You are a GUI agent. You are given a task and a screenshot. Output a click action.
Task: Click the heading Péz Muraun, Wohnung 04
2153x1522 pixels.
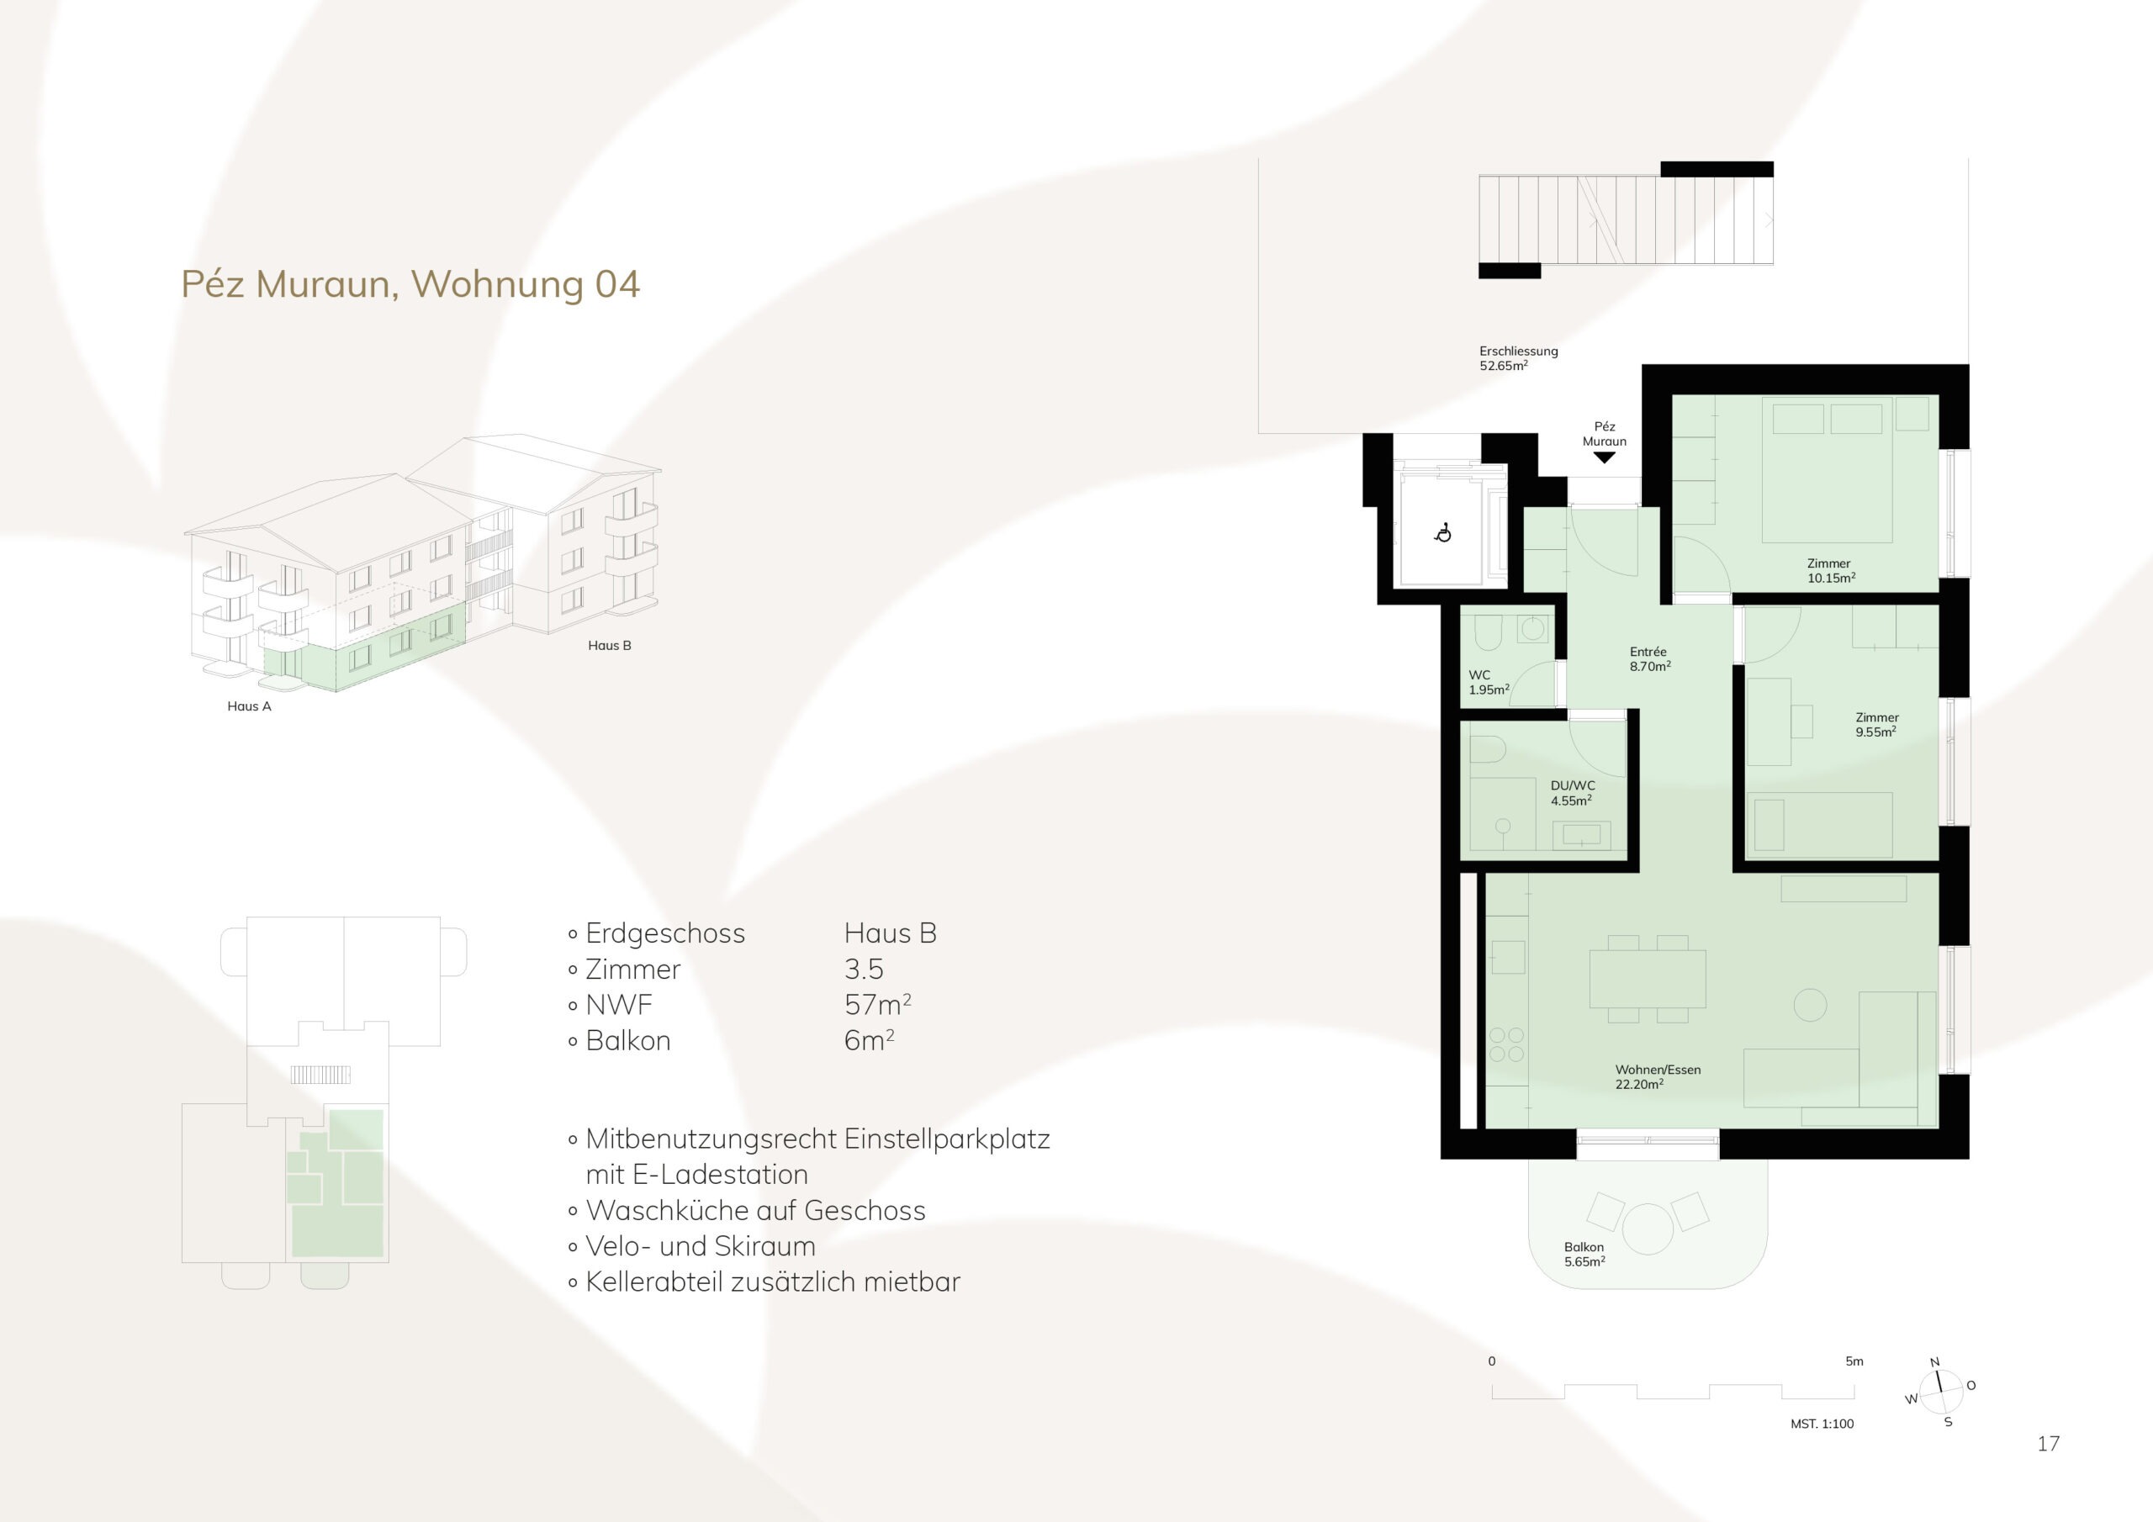[x=410, y=285]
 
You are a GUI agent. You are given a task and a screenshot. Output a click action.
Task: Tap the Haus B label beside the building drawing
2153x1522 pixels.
[x=610, y=645]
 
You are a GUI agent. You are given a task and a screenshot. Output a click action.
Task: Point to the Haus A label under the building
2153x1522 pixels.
[x=250, y=706]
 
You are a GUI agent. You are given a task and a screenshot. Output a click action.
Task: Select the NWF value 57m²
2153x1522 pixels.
[x=878, y=1004]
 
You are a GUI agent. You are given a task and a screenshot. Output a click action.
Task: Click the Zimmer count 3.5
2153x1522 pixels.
[x=864, y=969]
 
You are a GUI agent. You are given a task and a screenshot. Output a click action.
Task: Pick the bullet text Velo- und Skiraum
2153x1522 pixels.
[x=701, y=1246]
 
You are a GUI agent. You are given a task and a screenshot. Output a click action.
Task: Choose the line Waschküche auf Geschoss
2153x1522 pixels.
[x=756, y=1211]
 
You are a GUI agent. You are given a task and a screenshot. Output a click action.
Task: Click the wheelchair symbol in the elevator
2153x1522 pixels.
[x=1443, y=532]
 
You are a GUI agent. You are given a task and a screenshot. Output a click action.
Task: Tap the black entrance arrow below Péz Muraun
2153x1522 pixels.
[x=1605, y=457]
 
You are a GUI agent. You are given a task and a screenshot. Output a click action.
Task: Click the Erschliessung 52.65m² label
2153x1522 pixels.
[x=1519, y=358]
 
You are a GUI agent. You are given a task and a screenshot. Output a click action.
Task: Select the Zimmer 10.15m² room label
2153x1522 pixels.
[x=1829, y=570]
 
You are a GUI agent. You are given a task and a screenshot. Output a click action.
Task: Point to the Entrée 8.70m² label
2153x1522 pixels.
[x=1649, y=658]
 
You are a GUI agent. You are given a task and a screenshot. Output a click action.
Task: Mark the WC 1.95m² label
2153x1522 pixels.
[x=1488, y=682]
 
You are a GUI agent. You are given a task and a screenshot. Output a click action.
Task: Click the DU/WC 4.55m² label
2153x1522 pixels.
[x=1572, y=793]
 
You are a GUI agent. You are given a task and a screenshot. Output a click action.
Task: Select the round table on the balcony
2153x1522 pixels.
[x=1648, y=1229]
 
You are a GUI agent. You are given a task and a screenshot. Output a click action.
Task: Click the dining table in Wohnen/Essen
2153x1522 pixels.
[x=1648, y=979]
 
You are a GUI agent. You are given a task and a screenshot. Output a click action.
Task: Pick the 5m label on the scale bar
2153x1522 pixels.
[x=1854, y=1361]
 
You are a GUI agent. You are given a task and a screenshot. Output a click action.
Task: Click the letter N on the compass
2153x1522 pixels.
[x=1933, y=1362]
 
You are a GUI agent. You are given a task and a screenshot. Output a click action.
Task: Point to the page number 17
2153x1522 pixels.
[x=2048, y=1443]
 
